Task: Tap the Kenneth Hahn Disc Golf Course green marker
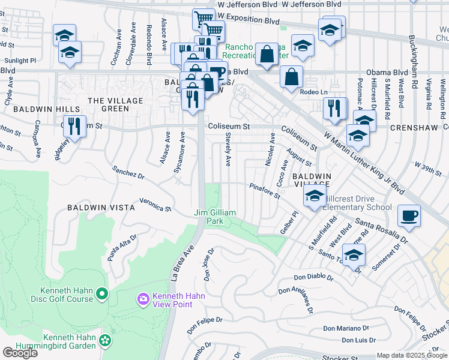coord(101,294)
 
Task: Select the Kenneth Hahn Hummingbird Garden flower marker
coord(106,340)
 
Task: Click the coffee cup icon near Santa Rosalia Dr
coord(409,215)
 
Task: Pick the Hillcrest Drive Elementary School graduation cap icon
coord(315,196)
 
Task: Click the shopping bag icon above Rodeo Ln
coord(291,77)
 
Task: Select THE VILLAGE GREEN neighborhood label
coord(116,104)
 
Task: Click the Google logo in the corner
coord(19,352)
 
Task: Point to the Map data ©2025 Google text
coord(412,355)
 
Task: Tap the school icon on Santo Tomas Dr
coord(354,255)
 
